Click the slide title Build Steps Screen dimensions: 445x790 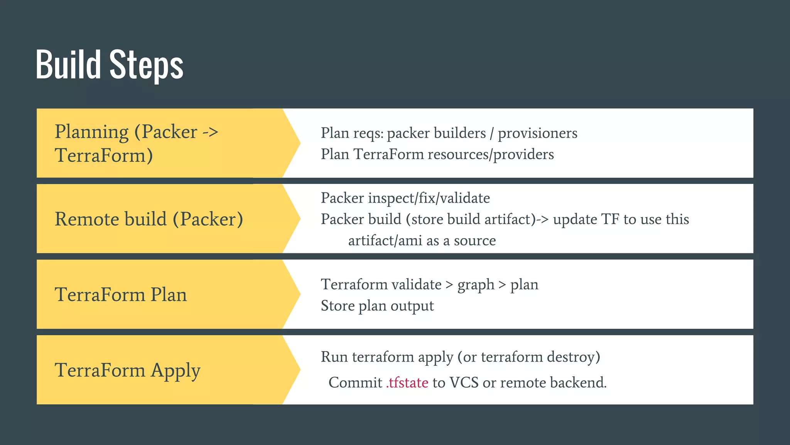110,65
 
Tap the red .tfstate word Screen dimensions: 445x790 407,383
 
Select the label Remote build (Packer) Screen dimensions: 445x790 149,219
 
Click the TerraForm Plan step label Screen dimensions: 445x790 121,294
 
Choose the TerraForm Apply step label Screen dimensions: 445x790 127,370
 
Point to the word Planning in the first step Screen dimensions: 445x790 91,132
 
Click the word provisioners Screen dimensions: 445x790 537,133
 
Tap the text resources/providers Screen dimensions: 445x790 491,155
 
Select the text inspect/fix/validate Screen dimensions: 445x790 429,198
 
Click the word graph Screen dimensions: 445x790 476,285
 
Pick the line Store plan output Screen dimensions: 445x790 377,306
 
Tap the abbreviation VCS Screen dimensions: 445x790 464,383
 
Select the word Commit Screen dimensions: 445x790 355,383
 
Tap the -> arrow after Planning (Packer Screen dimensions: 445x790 211,132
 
